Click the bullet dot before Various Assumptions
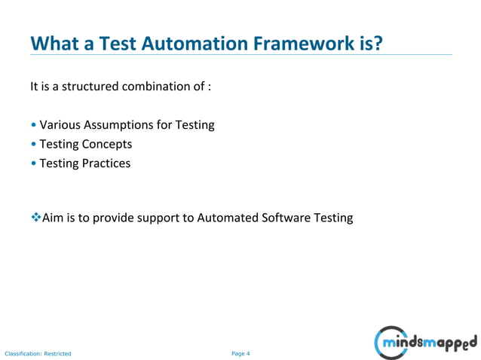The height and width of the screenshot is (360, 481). click(x=33, y=126)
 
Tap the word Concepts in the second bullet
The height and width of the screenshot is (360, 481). click(x=106, y=144)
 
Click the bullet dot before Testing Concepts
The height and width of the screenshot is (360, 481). click(x=33, y=145)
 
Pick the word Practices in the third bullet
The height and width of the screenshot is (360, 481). click(x=106, y=163)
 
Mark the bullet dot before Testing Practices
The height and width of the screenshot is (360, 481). click(x=33, y=163)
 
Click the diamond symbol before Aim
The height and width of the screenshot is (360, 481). click(x=35, y=218)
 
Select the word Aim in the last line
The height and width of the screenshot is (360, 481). click(x=53, y=218)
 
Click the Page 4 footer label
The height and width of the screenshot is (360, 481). click(x=240, y=352)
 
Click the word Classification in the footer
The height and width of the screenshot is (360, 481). click(x=22, y=352)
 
